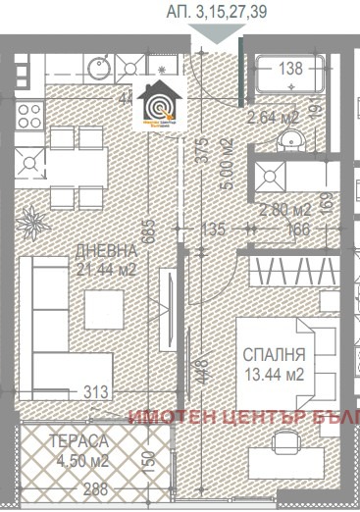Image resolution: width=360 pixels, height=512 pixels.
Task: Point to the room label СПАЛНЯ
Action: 277,355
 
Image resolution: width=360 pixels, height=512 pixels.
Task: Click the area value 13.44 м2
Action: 278,373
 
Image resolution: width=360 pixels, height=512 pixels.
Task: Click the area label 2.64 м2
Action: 274,119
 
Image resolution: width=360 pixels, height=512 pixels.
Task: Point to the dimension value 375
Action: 203,147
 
